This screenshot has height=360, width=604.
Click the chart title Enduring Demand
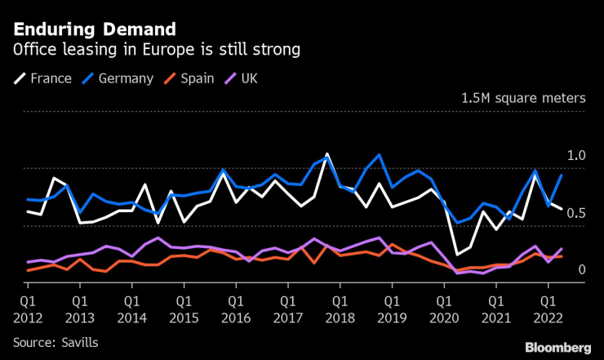pos(94,29)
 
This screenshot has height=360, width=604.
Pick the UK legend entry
pos(242,78)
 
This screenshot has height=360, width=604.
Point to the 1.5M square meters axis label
pos(523,98)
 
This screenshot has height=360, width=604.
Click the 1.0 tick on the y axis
pos(576,156)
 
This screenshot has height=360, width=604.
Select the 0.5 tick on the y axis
pos(576,213)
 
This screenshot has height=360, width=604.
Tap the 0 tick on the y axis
pos(582,270)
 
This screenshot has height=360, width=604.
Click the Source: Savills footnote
pos(56,342)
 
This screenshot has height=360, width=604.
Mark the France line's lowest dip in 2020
pos(457,254)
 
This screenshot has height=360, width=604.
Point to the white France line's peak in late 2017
pos(327,153)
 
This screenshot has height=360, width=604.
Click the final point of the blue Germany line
pos(562,175)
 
